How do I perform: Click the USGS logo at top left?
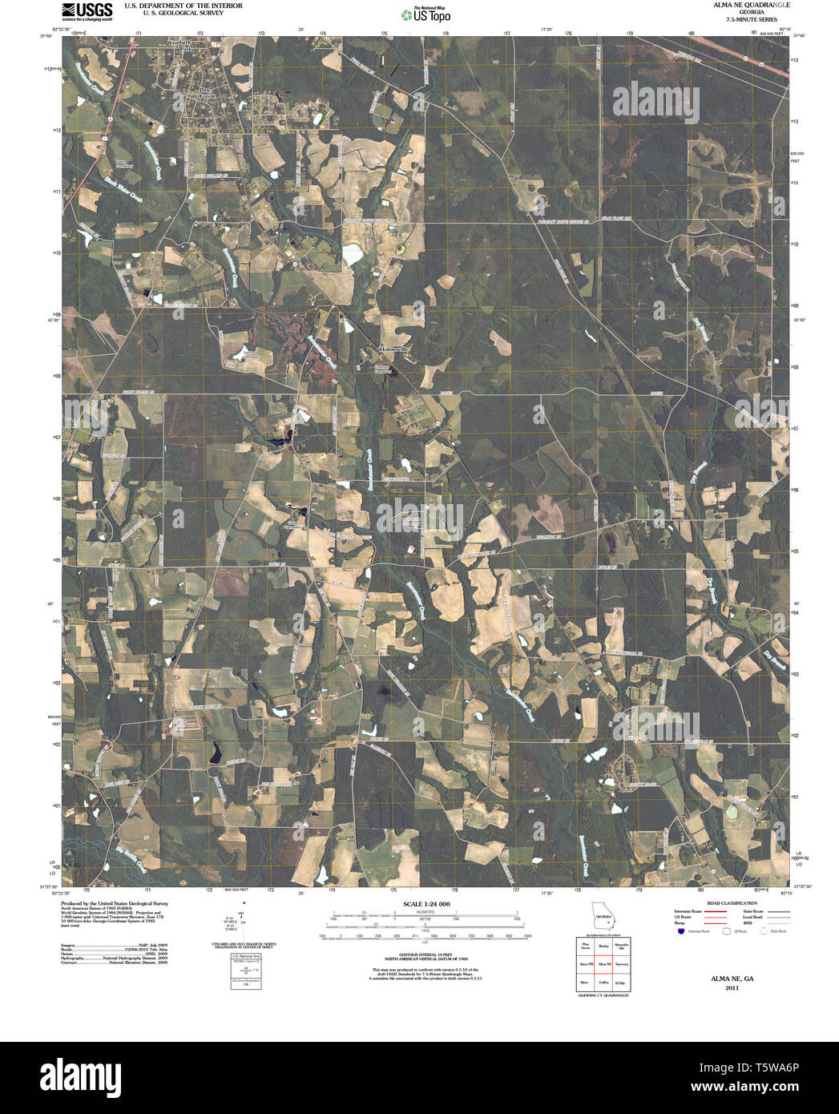click(x=86, y=10)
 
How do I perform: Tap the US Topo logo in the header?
click(x=426, y=14)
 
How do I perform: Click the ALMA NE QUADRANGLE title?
click(x=746, y=5)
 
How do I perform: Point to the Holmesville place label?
click(x=393, y=349)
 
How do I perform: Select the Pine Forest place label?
click(x=207, y=94)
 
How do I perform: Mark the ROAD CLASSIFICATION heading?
click(x=728, y=903)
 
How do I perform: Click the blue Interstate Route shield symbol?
click(x=680, y=932)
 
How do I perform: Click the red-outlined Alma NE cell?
click(x=603, y=964)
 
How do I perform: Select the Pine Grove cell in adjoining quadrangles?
click(x=585, y=946)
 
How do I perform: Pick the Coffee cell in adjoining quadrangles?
click(x=603, y=982)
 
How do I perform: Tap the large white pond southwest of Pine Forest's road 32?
click(x=352, y=256)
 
